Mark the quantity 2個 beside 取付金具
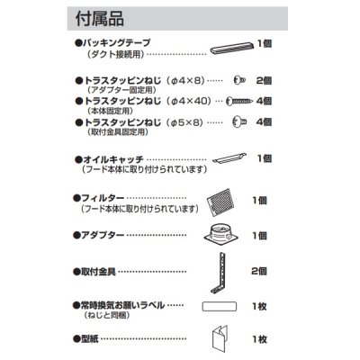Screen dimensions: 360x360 coord(259,270)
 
